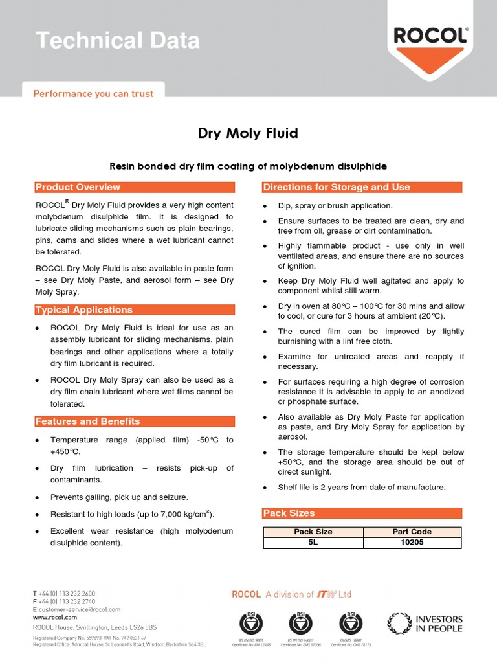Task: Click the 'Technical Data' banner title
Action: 118,41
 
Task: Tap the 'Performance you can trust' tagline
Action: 93,94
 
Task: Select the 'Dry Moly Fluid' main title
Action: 248,133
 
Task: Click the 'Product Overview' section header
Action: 78,187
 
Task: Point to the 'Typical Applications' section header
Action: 83,309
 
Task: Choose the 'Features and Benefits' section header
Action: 87,421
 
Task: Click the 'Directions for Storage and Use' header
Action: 336,187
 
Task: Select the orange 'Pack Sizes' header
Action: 289,513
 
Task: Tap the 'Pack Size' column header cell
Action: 313,532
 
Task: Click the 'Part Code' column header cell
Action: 412,532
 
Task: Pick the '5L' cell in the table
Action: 313,542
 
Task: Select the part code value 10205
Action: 412,542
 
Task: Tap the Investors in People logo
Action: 425,624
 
